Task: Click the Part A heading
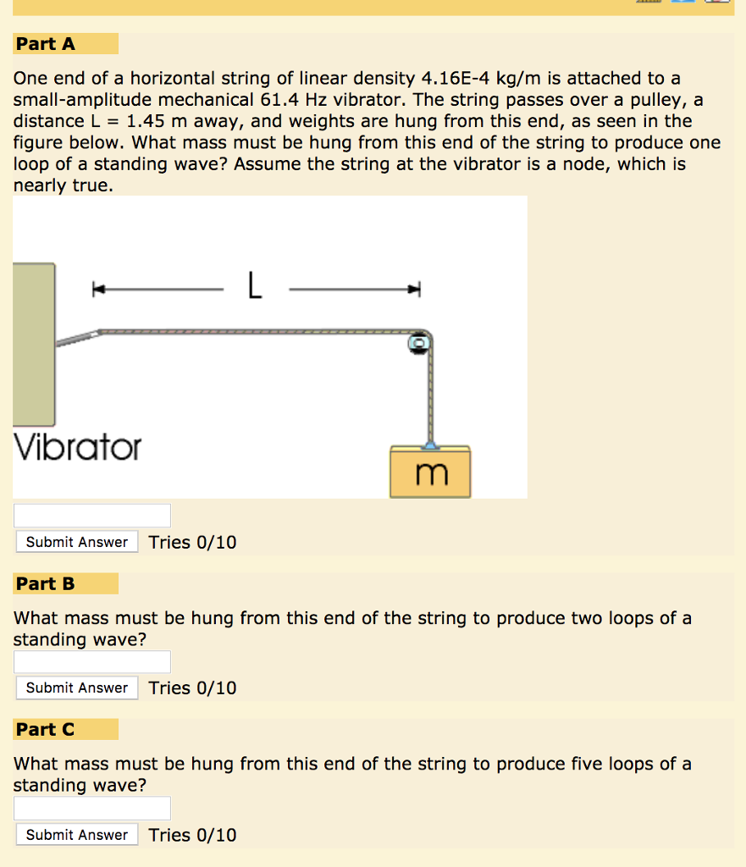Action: [46, 44]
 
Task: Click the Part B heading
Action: [46, 583]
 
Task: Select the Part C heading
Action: [46, 729]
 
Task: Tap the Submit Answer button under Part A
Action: [77, 542]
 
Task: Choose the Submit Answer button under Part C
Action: [77, 835]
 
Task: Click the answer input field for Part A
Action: [92, 516]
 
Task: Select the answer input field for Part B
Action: [92, 662]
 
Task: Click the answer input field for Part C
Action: [92, 808]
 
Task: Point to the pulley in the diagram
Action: [419, 343]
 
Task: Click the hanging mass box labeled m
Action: [430, 472]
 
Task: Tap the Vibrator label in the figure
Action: [78, 447]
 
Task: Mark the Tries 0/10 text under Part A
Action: [192, 543]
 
